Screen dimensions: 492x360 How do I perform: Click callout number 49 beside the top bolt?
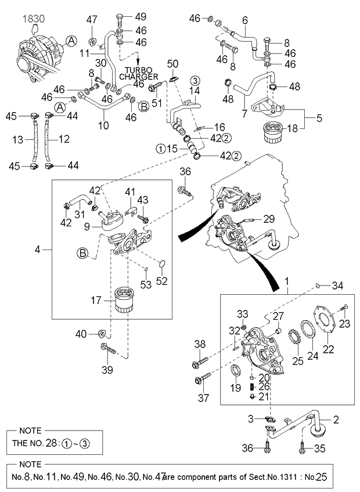pos(141,16)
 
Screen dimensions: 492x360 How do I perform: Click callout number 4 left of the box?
pos(38,249)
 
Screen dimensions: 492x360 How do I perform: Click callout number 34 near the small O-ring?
pos(338,285)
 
